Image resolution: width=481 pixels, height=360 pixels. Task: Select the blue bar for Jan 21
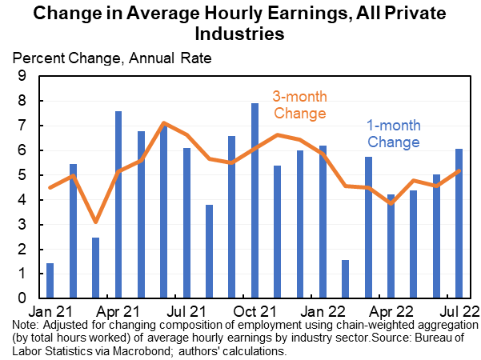pyautogui.click(x=50, y=280)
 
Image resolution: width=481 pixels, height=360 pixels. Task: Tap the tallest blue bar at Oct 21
pyautogui.click(x=255, y=200)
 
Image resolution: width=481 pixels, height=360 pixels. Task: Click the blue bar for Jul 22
pyautogui.click(x=459, y=223)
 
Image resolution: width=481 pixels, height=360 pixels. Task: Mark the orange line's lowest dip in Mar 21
pyautogui.click(x=95, y=222)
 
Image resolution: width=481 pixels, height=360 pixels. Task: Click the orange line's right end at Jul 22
pyautogui.click(x=459, y=170)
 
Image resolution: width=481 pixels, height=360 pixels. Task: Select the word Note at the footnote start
pyautogui.click(x=26, y=326)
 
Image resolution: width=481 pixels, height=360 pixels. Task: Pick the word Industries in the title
pyautogui.click(x=240, y=34)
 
